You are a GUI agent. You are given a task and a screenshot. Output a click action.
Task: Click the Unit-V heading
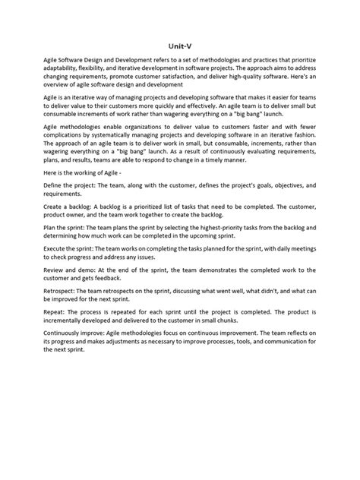coord(180,45)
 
